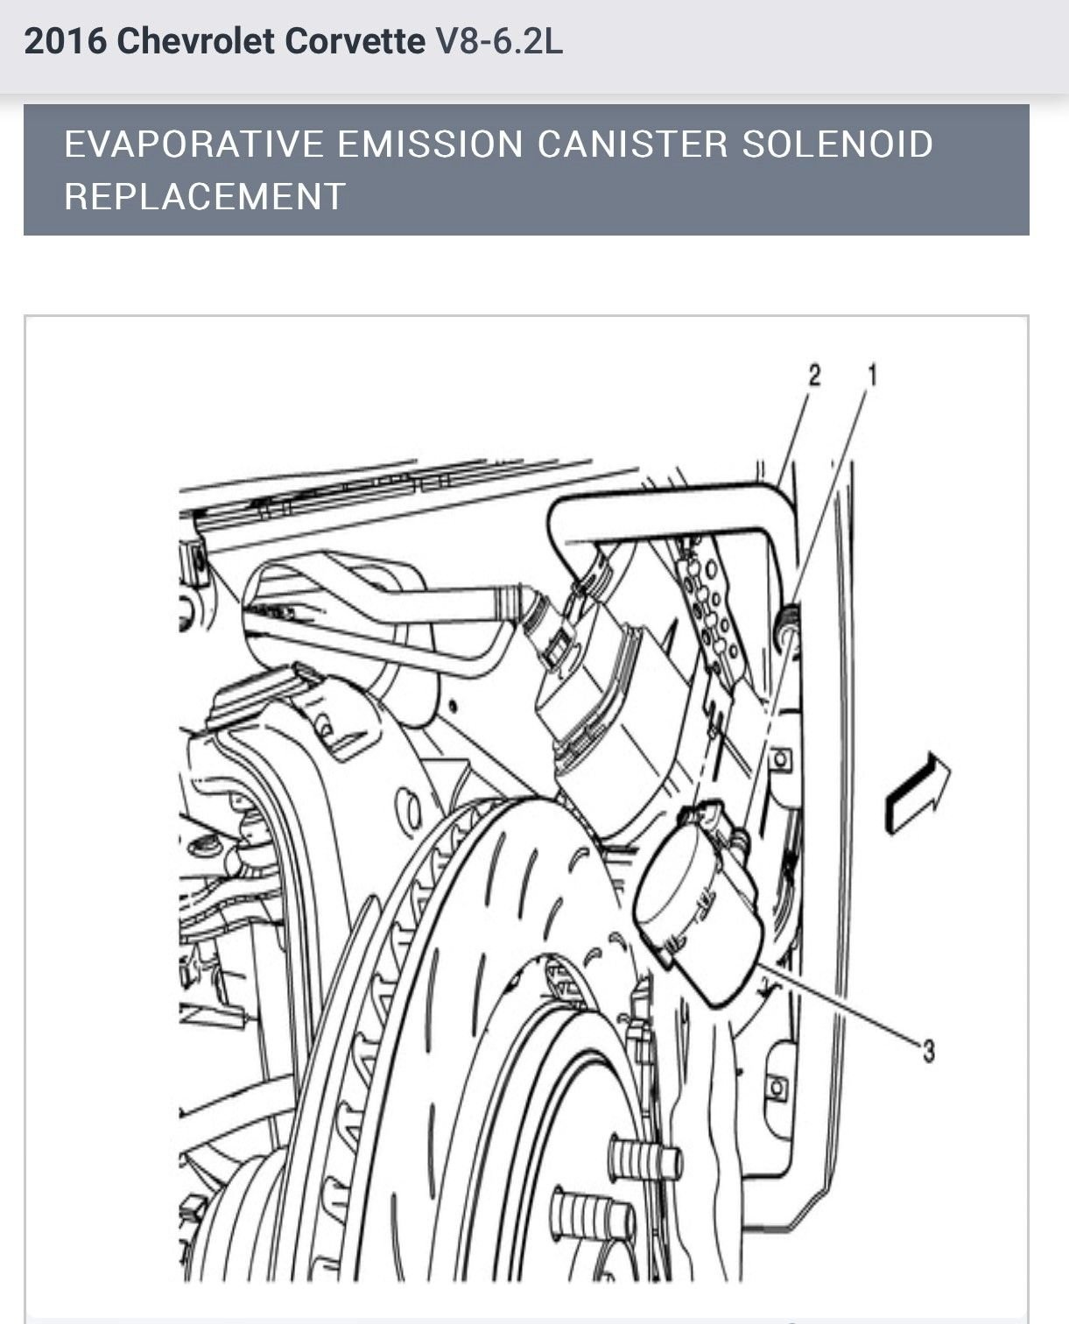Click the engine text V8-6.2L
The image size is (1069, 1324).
coord(499,41)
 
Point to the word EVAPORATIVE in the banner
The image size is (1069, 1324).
coord(193,144)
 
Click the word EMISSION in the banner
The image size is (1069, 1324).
coord(430,144)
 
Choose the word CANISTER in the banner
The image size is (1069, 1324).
coord(632,144)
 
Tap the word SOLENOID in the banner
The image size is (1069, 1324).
coord(838,144)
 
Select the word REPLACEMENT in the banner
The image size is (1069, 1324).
coord(206,196)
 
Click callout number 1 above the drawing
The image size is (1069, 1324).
coord(871,376)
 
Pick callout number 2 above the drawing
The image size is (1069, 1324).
coord(815,376)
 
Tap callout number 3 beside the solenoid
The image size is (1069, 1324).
coord(928,1049)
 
